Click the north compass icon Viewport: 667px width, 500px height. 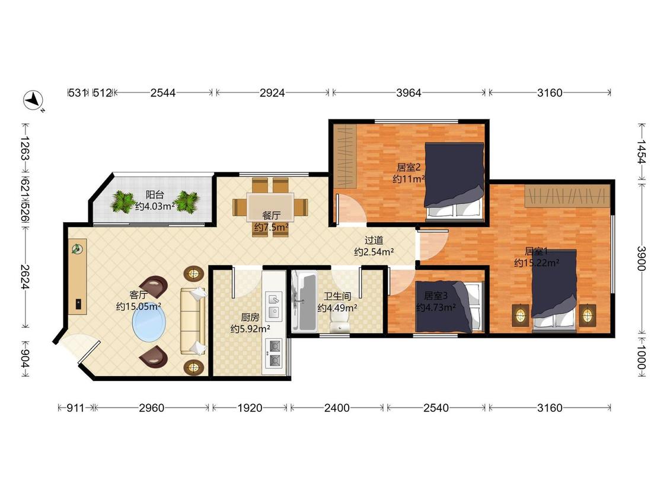[33, 101]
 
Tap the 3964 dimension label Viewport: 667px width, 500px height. [409, 92]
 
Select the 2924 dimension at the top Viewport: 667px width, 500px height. [272, 92]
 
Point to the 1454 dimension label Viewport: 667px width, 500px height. [642, 152]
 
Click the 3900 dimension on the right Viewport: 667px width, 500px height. [642, 258]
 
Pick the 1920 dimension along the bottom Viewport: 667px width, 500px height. [250, 408]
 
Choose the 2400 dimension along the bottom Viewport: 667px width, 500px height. [337, 408]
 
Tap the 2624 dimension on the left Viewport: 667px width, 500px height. [25, 277]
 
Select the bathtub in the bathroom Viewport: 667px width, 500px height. [304, 301]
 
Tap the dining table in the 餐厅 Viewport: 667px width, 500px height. [270, 207]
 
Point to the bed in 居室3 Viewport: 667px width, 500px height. [450, 306]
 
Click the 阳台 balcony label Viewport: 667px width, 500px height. [155, 195]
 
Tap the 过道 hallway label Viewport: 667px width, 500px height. [374, 241]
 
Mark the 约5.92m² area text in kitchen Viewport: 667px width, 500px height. [250, 329]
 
